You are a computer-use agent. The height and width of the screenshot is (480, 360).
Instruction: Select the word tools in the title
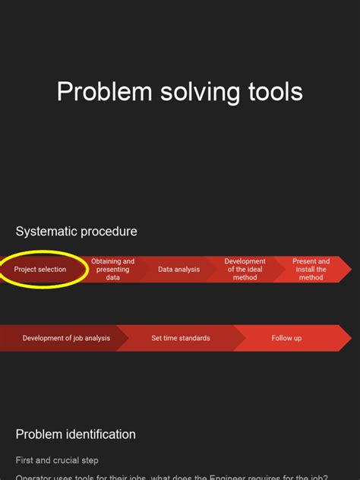tap(274, 93)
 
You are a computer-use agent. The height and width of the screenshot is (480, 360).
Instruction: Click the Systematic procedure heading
tap(76, 231)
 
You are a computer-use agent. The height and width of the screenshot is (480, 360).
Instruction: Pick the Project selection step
tap(40, 270)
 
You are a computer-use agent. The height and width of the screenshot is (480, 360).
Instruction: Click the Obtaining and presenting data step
tap(112, 270)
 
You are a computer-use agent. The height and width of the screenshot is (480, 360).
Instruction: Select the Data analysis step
tap(179, 270)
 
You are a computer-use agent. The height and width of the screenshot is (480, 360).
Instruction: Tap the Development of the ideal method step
tap(245, 270)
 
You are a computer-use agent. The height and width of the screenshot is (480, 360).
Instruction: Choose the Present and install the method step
tap(311, 270)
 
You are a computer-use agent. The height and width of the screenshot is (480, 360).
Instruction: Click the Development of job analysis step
tap(66, 338)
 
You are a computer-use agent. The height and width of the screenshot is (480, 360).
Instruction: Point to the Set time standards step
tap(181, 338)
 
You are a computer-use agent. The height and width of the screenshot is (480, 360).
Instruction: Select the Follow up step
tap(286, 338)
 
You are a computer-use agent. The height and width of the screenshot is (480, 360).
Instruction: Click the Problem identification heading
tap(75, 434)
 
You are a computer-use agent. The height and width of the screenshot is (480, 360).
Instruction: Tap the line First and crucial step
tap(57, 460)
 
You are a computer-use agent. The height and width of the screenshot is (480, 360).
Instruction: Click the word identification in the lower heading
tap(99, 434)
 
